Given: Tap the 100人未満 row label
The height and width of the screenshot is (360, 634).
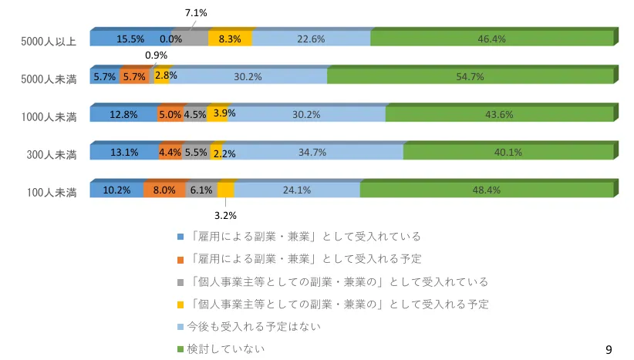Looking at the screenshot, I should (x=51, y=192).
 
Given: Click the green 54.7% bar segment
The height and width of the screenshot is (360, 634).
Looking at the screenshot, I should (x=470, y=76).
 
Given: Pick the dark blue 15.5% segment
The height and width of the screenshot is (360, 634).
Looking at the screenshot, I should (x=130, y=39).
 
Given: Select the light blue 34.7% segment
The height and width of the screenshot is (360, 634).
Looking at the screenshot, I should (x=312, y=152).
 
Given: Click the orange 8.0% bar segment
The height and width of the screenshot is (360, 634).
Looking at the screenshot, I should (x=164, y=190).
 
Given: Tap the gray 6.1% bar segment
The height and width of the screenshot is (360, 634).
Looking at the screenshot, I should (x=201, y=190).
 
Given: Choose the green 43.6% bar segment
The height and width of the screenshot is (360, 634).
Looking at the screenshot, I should (x=500, y=114).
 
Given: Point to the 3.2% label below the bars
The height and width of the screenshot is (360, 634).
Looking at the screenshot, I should (x=224, y=215).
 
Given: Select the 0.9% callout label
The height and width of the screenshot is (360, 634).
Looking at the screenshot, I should (x=156, y=56).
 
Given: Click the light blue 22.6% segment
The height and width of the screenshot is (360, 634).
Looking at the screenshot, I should (x=311, y=39).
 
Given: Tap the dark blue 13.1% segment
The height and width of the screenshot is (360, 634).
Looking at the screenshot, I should (x=124, y=152).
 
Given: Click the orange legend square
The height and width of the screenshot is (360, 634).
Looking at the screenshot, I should (x=180, y=259).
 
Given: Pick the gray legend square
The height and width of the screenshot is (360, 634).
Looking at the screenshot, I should (x=180, y=281).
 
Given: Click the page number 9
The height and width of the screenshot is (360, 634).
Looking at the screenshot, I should (x=609, y=350).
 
